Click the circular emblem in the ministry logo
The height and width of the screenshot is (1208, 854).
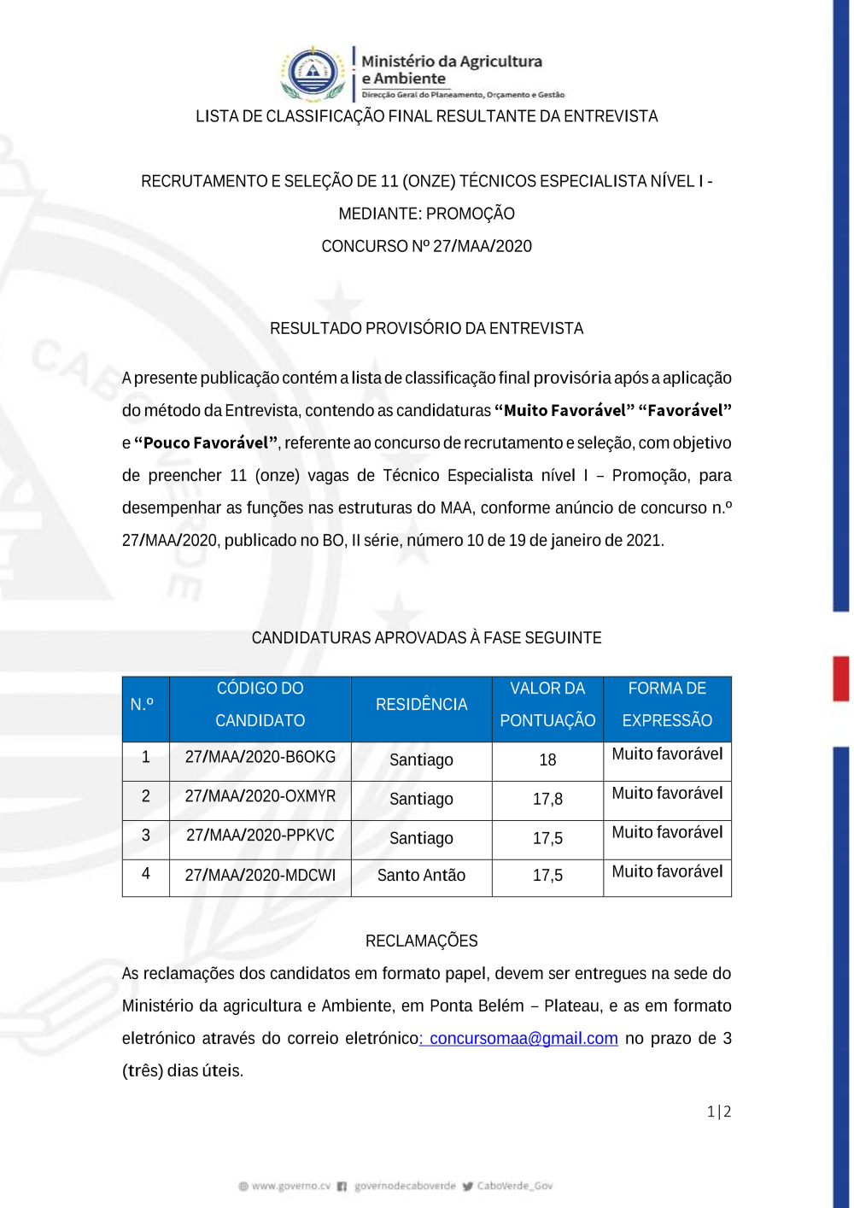click(313, 72)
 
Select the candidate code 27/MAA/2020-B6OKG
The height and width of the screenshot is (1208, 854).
click(260, 757)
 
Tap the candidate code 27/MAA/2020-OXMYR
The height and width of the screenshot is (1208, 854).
click(260, 796)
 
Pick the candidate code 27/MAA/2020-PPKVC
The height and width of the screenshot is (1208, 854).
click(260, 836)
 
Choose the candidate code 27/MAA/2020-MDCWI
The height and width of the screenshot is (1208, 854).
click(260, 875)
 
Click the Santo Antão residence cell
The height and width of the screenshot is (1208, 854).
click(421, 875)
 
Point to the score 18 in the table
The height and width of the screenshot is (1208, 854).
click(547, 759)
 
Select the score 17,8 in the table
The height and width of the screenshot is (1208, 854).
click(547, 799)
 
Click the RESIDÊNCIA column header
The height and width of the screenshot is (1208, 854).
click(421, 705)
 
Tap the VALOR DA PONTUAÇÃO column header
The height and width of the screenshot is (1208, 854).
click(547, 705)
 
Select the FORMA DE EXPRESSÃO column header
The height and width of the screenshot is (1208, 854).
click(667, 705)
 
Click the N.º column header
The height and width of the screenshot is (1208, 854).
click(142, 705)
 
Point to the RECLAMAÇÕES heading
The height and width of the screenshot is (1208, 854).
click(421, 941)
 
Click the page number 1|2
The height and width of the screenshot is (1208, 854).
click(719, 1111)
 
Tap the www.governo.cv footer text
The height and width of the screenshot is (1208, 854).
click(290, 1186)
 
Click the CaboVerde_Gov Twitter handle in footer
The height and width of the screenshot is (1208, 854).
click(514, 1186)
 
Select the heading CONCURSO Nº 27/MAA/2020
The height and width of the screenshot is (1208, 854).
click(426, 246)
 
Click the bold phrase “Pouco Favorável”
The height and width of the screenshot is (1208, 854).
click(206, 443)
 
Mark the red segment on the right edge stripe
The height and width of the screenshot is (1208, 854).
click(841, 678)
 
